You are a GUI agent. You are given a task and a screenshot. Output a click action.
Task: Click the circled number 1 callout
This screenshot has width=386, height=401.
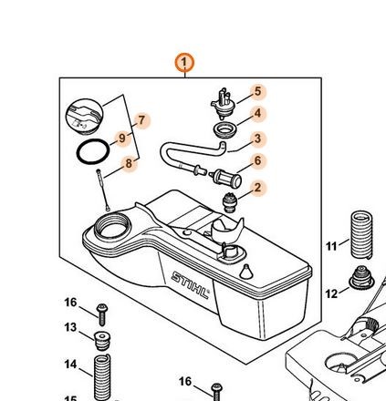point(184,63)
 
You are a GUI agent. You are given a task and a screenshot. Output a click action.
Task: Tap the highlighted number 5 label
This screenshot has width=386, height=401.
point(257,91)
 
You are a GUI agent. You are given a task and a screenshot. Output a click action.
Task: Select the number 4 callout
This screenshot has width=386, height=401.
point(257,113)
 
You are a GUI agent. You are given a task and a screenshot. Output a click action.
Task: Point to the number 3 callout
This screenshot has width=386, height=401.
point(257,139)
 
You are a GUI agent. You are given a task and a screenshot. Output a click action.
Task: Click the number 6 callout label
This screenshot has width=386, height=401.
point(257,160)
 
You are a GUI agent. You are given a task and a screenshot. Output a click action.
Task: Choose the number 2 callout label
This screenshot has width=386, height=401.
point(257,188)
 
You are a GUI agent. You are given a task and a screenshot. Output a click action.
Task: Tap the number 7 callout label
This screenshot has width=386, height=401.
point(141,120)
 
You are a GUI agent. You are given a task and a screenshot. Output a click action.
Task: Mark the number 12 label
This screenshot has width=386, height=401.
point(331,293)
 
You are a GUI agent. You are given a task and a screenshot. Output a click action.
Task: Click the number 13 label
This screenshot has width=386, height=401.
point(70,327)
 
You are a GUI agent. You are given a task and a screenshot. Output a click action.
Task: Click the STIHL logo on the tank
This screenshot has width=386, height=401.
point(191,285)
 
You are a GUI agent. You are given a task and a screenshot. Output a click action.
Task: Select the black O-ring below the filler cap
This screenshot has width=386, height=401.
point(93,151)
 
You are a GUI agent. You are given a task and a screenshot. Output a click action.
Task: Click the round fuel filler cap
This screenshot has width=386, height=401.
point(85,117)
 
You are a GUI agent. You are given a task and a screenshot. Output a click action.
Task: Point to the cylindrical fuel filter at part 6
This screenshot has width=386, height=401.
point(227,179)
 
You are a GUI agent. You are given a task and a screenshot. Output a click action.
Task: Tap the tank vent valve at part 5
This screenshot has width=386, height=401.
point(224,104)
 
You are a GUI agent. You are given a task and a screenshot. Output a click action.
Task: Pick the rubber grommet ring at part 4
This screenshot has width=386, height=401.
point(224,130)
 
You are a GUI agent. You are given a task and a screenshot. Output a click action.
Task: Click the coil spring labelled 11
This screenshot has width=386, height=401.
point(361,235)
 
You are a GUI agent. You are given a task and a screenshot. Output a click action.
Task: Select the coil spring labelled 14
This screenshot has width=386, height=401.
point(102,377)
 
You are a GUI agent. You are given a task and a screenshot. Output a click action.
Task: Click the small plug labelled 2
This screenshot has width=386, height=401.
point(229,203)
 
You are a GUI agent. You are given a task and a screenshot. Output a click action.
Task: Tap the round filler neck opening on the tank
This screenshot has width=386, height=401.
point(112,227)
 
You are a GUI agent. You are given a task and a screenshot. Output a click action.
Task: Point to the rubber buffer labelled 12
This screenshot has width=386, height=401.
point(361,277)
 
